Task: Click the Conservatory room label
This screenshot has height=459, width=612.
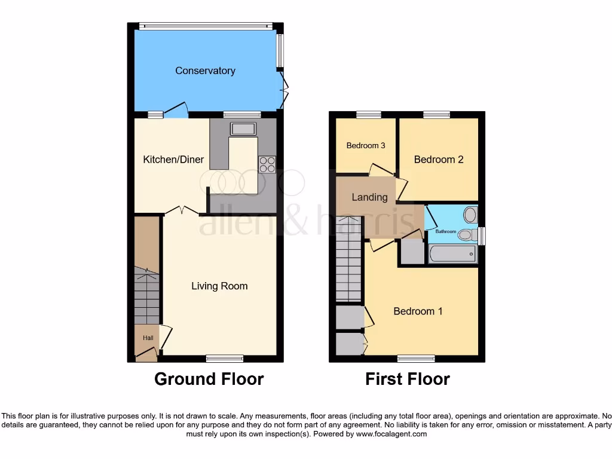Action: click(205, 71)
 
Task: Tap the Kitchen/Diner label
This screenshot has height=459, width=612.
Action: click(173, 160)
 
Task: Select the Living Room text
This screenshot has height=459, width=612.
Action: click(219, 286)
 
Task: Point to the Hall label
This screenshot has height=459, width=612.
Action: click(148, 338)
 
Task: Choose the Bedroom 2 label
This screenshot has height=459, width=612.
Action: click(439, 160)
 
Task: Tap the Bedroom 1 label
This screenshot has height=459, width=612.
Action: click(418, 311)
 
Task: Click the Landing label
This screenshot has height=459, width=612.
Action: click(369, 197)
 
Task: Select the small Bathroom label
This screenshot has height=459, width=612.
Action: click(445, 231)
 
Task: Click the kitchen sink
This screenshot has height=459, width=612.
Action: click(243, 128)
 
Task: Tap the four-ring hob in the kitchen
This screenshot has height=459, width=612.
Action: click(267, 164)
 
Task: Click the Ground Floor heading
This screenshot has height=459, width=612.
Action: click(209, 379)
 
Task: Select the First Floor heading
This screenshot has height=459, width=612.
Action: click(408, 379)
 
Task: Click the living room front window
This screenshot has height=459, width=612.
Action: click(225, 359)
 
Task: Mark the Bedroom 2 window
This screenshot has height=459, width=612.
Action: click(437, 114)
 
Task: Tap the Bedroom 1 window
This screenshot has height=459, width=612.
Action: click(416, 359)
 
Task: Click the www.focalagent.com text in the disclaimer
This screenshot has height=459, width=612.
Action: click(391, 434)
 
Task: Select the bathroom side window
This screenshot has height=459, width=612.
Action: click(482, 235)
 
